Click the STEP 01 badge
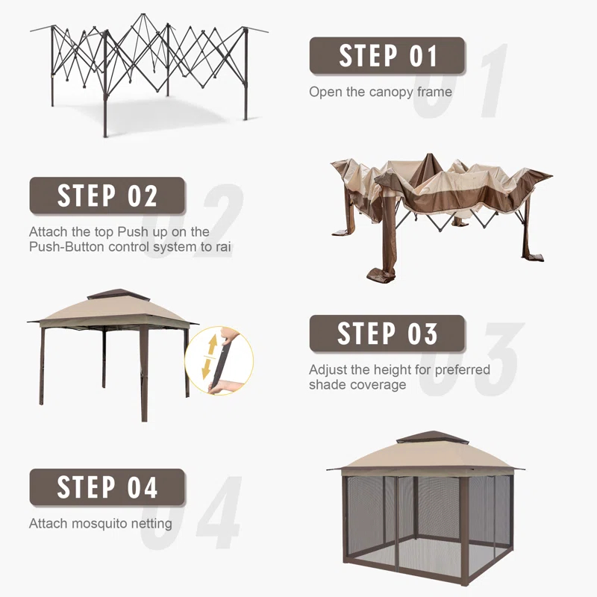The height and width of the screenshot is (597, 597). pyautogui.click(x=387, y=55)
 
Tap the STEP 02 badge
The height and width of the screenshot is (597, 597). pyautogui.click(x=107, y=196)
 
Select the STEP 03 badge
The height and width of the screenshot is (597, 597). pyautogui.click(x=387, y=334)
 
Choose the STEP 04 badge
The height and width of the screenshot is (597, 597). pyautogui.click(x=107, y=487)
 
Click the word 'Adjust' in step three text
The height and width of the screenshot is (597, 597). pyautogui.click(x=328, y=370)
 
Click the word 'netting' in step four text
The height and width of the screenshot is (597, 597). pyautogui.click(x=151, y=524)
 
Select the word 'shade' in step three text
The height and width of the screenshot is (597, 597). pyautogui.click(x=325, y=385)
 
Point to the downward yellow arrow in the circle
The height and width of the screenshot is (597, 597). pyautogui.click(x=207, y=369)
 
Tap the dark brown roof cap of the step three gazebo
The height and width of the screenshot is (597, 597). pyautogui.click(x=118, y=295)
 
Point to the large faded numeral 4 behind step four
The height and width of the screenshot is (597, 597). pyautogui.click(x=219, y=512)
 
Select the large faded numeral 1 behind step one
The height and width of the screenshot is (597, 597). pyautogui.click(x=494, y=81)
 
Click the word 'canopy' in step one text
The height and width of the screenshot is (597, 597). pyautogui.click(x=391, y=93)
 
